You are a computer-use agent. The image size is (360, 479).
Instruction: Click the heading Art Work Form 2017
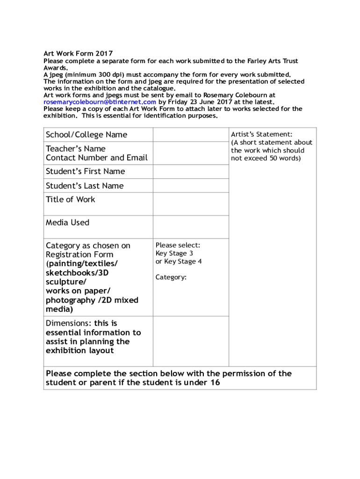(x=78, y=54)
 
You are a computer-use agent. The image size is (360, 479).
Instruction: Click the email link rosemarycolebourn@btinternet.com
(x=100, y=102)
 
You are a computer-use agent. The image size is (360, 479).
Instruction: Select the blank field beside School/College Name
(x=191, y=135)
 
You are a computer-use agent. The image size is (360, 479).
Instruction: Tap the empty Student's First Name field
(x=191, y=172)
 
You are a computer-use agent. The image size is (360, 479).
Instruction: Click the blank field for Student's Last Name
(x=191, y=186)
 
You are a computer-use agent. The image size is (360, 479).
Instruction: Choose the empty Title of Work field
(x=191, y=204)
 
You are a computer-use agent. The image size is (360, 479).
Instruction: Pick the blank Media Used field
(x=191, y=227)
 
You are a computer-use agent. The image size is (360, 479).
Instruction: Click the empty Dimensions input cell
(x=191, y=341)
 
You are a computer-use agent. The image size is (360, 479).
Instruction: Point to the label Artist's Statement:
(x=262, y=135)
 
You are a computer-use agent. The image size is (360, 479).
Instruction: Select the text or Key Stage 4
(x=179, y=261)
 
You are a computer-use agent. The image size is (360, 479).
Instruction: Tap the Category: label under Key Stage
(x=171, y=277)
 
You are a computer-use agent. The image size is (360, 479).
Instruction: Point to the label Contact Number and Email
(x=96, y=158)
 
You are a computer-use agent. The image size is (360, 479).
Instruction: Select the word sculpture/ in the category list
(x=65, y=282)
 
